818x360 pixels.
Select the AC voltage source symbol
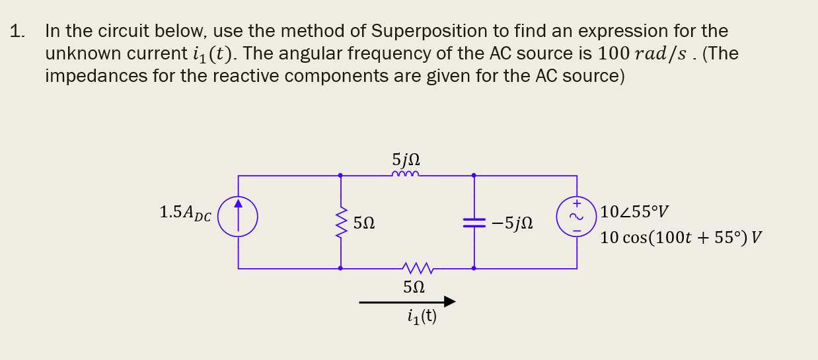(576, 217)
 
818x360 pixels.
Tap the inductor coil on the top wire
(405, 175)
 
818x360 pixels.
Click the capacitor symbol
(474, 223)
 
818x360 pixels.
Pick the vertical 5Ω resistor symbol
(340, 223)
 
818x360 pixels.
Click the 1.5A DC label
(185, 213)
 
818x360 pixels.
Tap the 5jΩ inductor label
(406, 160)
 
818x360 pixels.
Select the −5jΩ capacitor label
(512, 224)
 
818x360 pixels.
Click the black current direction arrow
(407, 302)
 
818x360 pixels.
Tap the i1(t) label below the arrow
(422, 317)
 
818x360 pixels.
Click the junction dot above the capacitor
(474, 176)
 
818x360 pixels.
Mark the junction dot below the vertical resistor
(340, 268)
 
